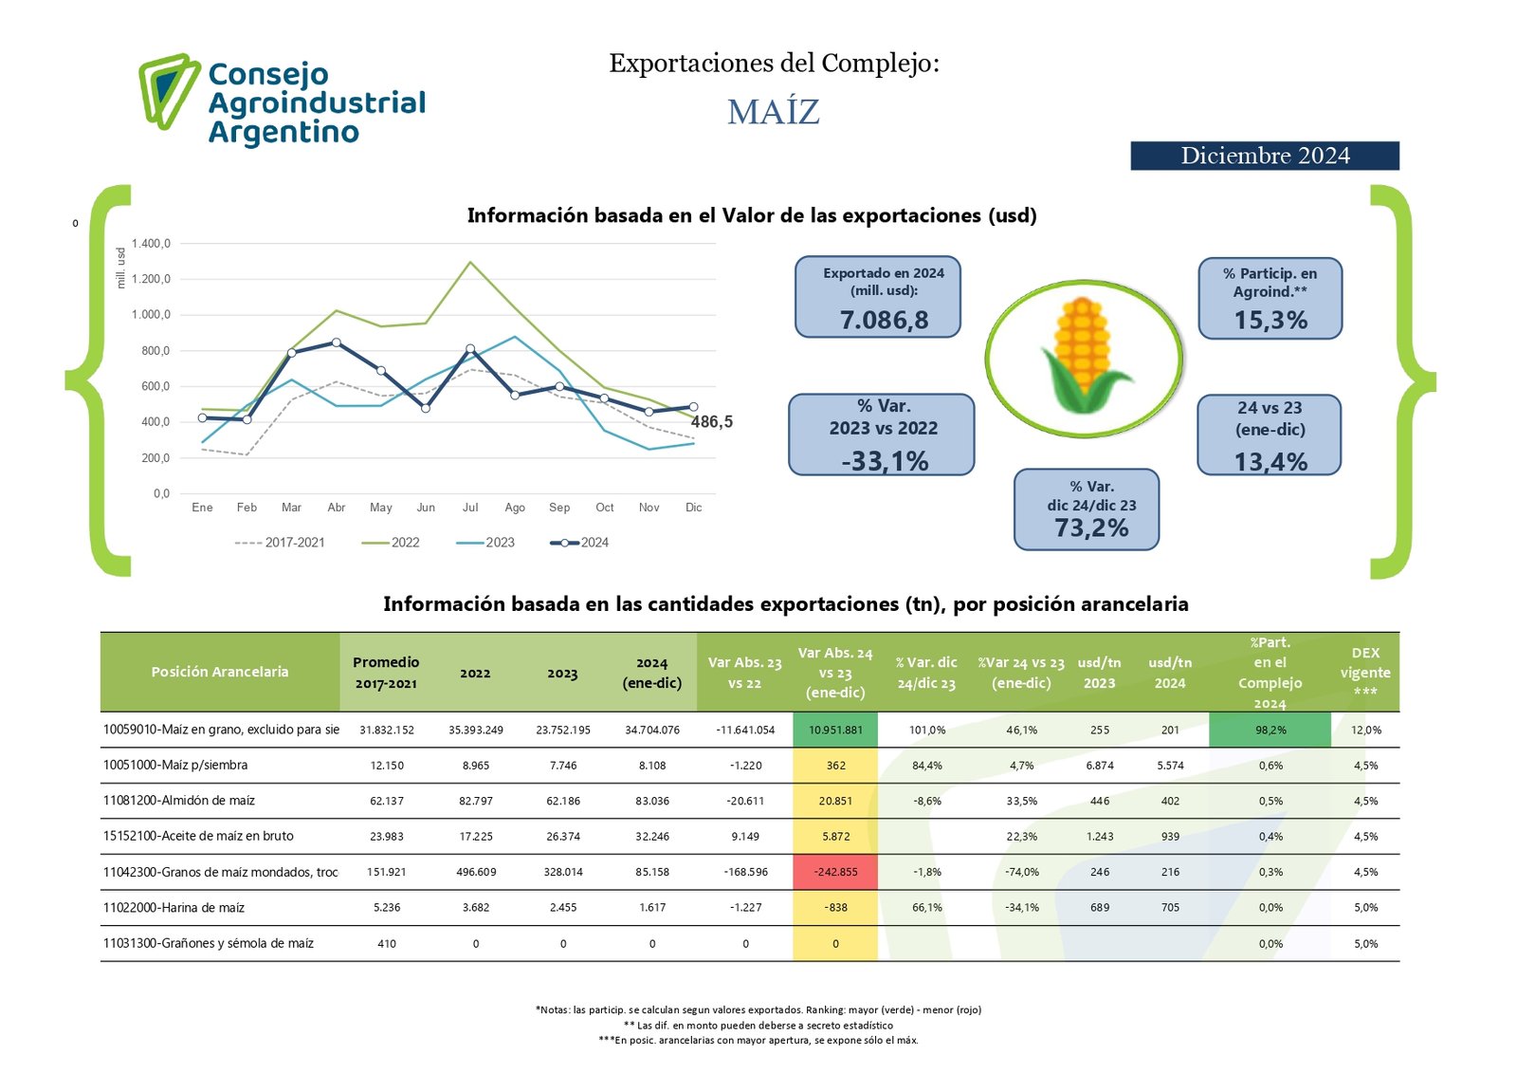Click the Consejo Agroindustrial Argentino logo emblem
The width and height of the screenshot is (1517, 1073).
pos(169,91)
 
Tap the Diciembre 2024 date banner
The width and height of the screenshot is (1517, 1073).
pos(1265,156)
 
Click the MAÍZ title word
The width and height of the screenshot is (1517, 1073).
pos(774,113)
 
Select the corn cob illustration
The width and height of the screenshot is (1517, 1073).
pos(1084,355)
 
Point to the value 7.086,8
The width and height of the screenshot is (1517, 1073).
pos(884,320)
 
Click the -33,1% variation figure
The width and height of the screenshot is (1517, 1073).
pos(885,461)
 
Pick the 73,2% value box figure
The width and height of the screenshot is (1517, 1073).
pos(1091,527)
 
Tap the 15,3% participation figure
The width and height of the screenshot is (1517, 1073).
pos(1270,320)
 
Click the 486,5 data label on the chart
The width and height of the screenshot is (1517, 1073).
pos(712,421)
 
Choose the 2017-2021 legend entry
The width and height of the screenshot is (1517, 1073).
pos(280,543)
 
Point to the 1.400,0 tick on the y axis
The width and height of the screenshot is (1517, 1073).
pos(151,243)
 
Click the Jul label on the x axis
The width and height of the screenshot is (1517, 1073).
pos(470,507)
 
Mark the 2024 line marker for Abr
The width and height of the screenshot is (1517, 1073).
pos(337,343)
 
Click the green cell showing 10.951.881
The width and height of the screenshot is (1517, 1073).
pos(835,730)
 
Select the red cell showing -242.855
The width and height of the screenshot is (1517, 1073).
pos(835,872)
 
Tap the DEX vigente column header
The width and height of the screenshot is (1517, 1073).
pos(1365,672)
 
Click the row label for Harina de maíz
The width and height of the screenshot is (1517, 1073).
pos(174,907)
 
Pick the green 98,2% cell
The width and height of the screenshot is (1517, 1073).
pos(1270,730)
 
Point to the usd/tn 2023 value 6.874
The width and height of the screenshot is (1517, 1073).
pos(1099,766)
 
